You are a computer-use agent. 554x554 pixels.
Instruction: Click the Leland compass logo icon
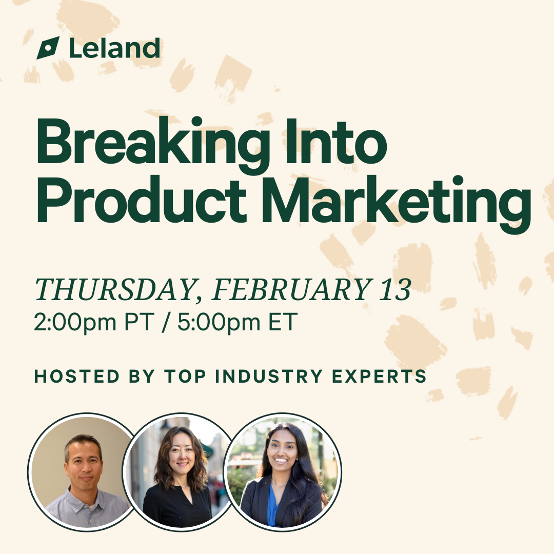point(48,48)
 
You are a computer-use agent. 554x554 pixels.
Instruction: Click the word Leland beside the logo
point(114,48)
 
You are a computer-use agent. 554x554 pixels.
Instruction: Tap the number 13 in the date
point(395,289)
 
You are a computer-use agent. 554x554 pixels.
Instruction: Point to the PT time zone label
point(140,322)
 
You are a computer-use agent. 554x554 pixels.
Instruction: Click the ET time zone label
point(283,322)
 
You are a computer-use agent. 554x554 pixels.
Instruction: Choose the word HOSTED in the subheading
point(77,376)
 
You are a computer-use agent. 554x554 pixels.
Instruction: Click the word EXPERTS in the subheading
point(379,376)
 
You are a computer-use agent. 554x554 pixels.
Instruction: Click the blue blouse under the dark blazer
point(272,506)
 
